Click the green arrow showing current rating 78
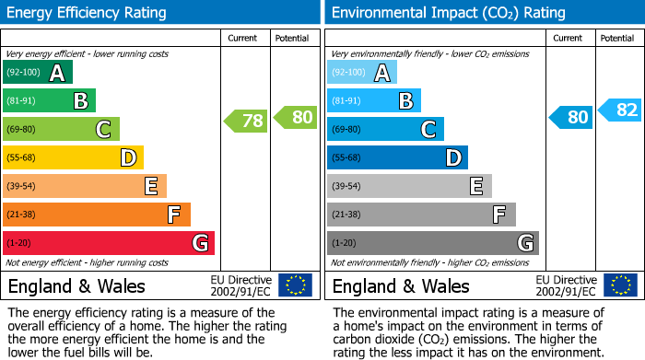(x=246, y=120)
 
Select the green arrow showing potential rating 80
(x=295, y=117)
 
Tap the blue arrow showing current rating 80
(x=570, y=117)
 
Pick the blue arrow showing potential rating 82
(x=619, y=110)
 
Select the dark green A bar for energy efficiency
(x=37, y=72)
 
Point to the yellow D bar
(x=73, y=157)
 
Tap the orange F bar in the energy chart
(x=96, y=215)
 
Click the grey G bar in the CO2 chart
(x=432, y=243)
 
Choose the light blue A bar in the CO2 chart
(x=361, y=72)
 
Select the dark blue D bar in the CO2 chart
(x=397, y=157)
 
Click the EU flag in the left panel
(x=295, y=285)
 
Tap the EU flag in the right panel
(x=619, y=285)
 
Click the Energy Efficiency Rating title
(x=87, y=13)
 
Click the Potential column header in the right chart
(x=617, y=38)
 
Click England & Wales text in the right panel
(x=401, y=285)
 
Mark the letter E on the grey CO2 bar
(x=475, y=186)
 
